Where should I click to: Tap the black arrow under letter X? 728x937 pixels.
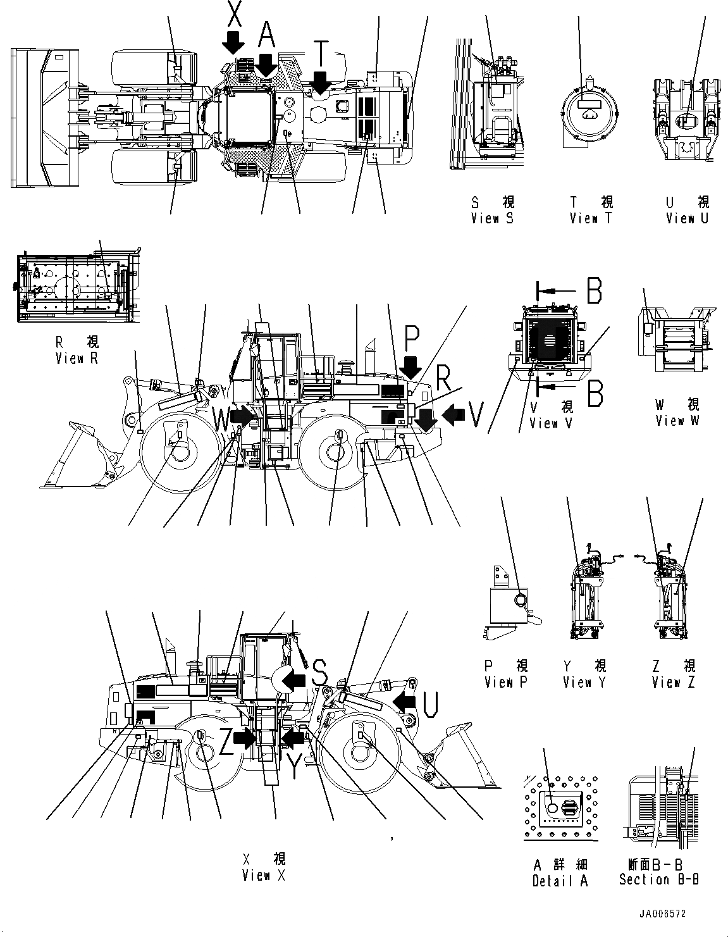(233, 42)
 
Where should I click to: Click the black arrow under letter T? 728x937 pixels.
(321, 82)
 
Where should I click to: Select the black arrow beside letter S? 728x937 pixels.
(293, 679)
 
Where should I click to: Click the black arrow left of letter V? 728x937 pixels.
(453, 414)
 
